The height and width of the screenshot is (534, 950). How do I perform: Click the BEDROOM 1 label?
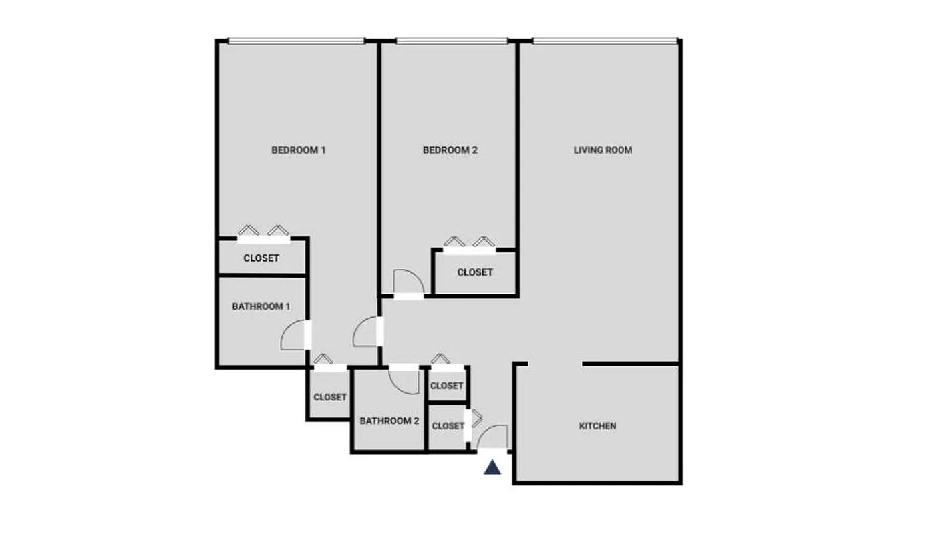[x=298, y=150]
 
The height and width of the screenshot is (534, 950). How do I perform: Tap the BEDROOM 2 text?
[x=450, y=150]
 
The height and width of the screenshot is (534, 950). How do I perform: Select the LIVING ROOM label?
[x=603, y=150]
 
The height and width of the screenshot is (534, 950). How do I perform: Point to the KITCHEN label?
[x=597, y=426]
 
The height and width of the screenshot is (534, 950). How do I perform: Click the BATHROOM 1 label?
[x=261, y=307]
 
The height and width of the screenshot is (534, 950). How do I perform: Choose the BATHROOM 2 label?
[x=389, y=421]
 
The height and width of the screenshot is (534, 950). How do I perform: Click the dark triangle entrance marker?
[x=492, y=467]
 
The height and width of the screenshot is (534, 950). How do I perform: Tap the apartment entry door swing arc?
[x=493, y=437]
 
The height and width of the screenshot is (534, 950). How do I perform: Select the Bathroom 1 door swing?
[x=293, y=336]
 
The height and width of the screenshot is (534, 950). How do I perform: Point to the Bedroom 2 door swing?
[x=407, y=282]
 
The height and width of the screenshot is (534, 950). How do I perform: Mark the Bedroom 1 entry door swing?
[x=366, y=332]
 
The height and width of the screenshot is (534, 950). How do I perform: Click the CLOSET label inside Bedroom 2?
[x=475, y=272]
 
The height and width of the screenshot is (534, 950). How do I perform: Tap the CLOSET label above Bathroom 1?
[x=261, y=258]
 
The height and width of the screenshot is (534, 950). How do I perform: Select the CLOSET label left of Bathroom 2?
[x=330, y=397]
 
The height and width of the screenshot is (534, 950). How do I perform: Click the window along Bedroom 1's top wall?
[x=297, y=41]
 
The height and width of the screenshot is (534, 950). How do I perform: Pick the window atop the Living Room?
[x=605, y=41]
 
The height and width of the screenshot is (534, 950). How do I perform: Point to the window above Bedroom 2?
[x=451, y=41]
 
